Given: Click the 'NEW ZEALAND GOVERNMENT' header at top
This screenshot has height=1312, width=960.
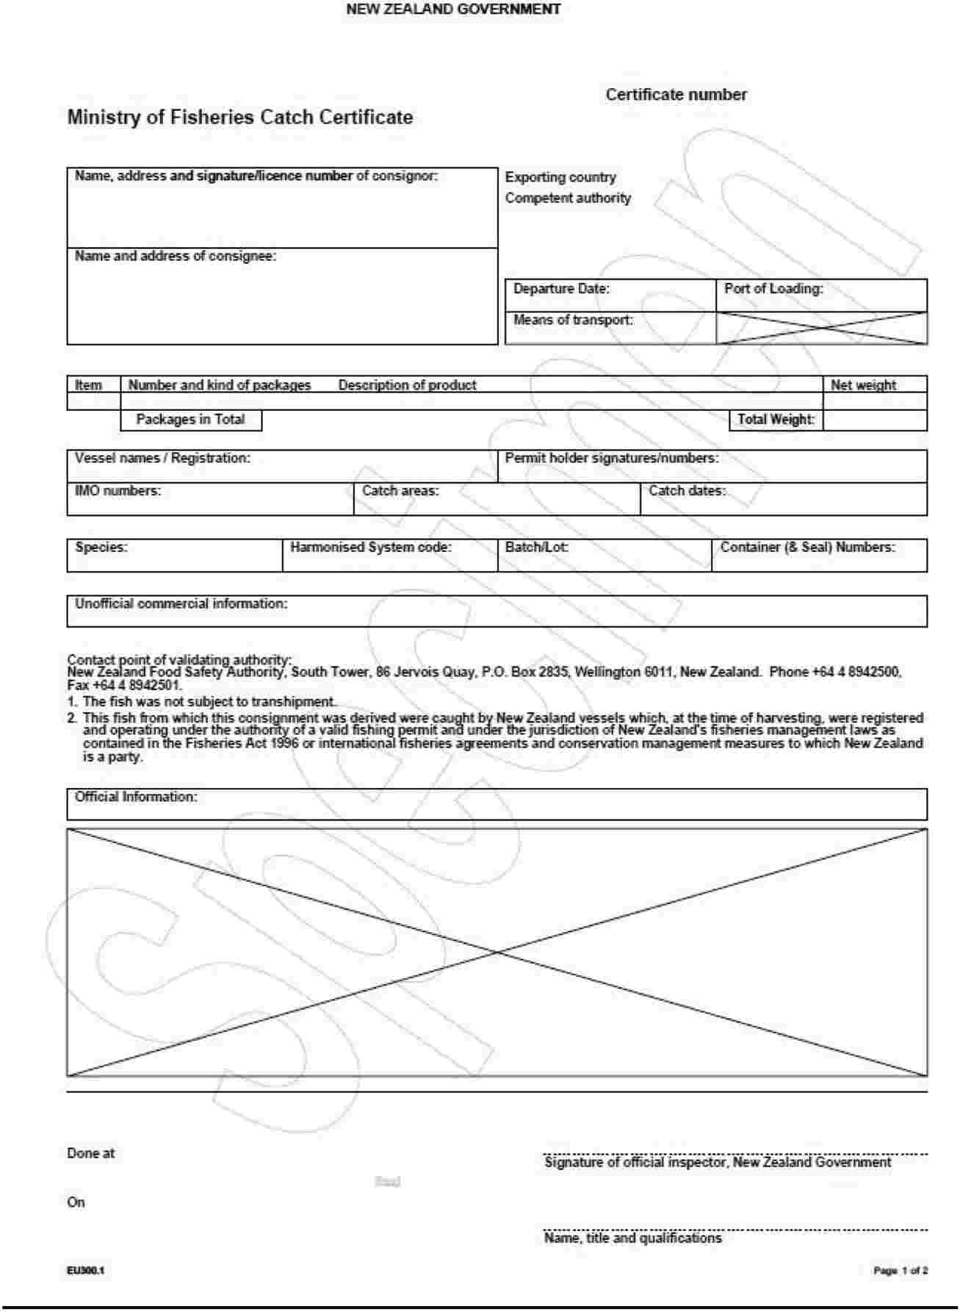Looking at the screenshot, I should (x=453, y=10).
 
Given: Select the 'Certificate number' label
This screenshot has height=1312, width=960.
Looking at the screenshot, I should (x=676, y=95).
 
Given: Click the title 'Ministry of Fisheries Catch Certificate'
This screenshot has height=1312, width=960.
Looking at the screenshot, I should (x=240, y=118).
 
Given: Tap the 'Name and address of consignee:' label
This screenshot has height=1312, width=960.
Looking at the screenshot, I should (x=176, y=257).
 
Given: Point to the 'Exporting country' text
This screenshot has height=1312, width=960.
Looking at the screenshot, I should (x=560, y=177).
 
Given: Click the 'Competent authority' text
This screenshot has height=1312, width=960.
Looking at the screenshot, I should (x=568, y=198).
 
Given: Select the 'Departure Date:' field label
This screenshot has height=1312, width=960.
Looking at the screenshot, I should (x=561, y=289).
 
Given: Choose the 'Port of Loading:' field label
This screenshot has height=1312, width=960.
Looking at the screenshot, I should (x=773, y=289).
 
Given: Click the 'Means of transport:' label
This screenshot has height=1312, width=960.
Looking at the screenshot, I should (x=573, y=320).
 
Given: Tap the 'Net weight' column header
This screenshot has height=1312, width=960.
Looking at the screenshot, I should (x=863, y=385).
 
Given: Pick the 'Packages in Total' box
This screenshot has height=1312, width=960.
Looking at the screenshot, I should (x=190, y=420).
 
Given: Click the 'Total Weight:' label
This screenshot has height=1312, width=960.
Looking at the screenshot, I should (x=776, y=420).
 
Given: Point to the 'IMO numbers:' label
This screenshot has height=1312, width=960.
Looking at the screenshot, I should (x=118, y=491).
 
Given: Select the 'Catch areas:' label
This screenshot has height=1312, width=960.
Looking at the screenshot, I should (x=400, y=491).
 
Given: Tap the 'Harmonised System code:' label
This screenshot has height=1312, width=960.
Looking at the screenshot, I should (x=371, y=548).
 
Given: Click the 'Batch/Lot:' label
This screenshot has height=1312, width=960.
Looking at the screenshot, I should (x=537, y=548).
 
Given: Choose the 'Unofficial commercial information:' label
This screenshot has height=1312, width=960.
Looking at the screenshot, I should (x=181, y=604).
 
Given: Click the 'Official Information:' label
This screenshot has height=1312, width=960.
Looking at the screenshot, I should (x=136, y=797).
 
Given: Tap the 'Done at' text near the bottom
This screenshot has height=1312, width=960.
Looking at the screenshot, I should (x=91, y=1154).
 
